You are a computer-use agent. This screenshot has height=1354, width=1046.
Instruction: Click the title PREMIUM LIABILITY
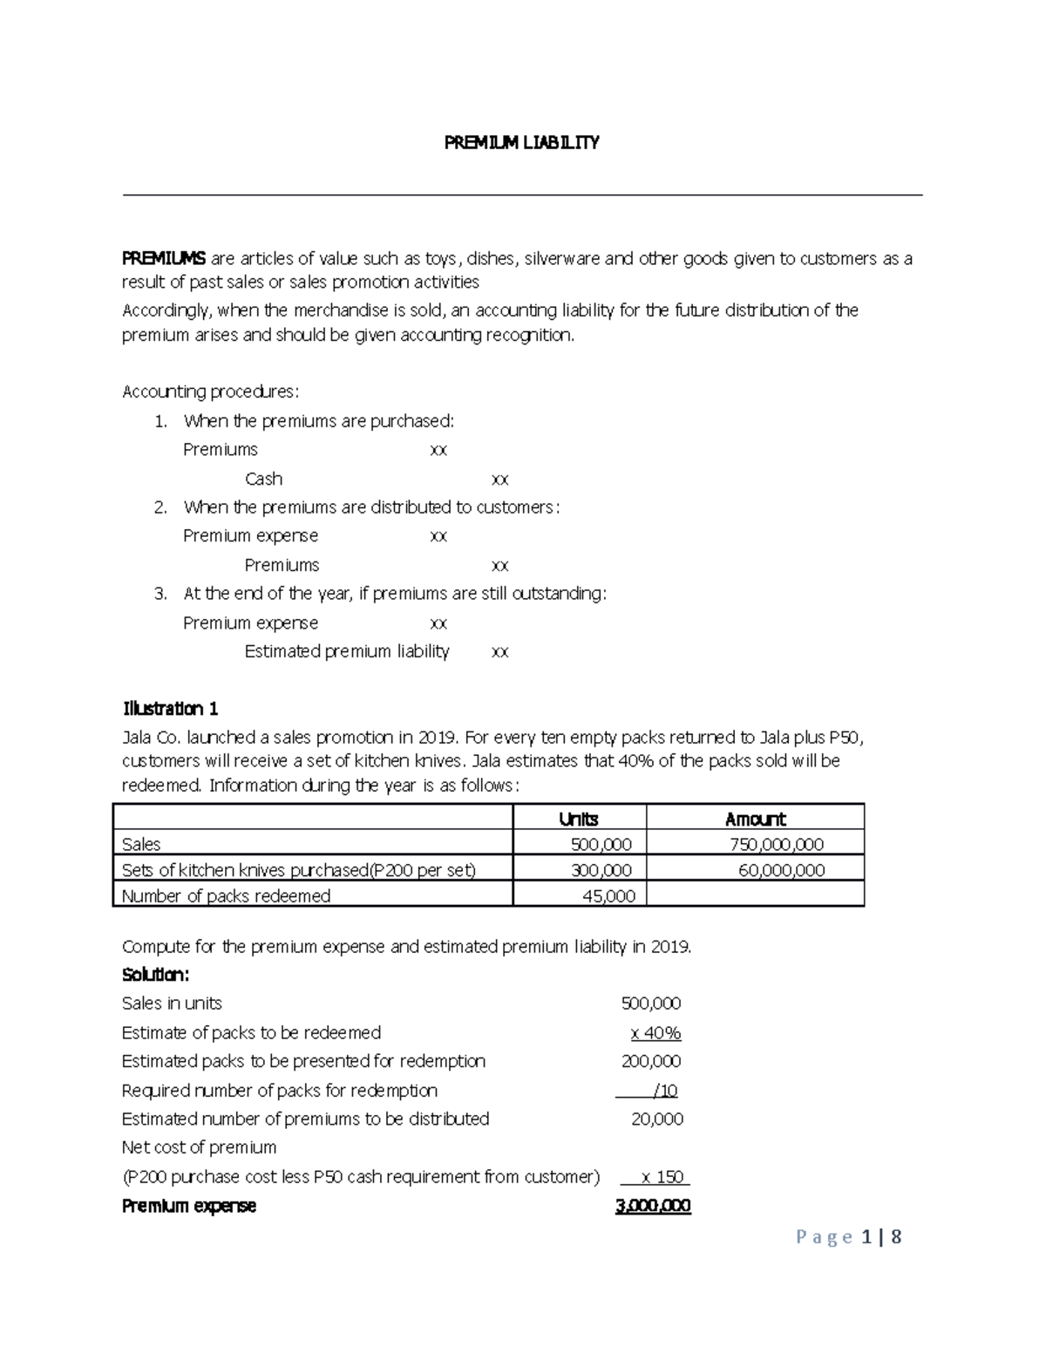pos(521,143)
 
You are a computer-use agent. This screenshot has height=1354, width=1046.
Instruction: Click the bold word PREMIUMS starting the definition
pos(164,258)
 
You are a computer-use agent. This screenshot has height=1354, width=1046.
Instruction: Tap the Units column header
pos(578,819)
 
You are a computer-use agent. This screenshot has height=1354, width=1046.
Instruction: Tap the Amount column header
pos(755,819)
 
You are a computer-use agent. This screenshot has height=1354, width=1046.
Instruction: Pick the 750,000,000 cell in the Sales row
pos(776,844)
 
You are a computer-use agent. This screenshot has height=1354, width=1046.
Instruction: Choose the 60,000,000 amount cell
pos(781,870)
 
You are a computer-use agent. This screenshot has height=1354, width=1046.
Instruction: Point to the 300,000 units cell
pos(601,870)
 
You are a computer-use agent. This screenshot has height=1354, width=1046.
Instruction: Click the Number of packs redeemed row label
pos(227,896)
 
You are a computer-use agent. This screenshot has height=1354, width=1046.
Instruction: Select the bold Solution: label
pos(155,974)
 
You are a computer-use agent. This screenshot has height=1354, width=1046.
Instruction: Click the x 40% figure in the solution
pos(655,1033)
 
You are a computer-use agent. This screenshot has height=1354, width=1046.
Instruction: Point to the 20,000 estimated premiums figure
pos(656,1119)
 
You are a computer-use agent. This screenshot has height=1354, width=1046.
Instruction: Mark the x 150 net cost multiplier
pos(662,1177)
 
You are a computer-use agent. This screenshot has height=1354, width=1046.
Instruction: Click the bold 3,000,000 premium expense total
pos(653,1207)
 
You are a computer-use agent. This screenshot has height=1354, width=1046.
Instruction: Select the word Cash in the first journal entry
pos(263,479)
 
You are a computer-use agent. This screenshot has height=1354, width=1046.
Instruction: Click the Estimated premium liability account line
pos(347,651)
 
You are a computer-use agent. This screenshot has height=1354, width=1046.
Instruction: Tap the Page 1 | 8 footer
pos(848,1237)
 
